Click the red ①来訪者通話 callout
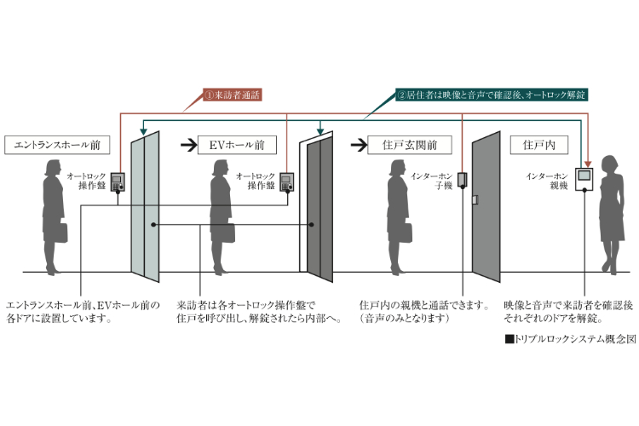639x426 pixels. [x=234, y=95]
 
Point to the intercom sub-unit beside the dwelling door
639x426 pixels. [x=461, y=179]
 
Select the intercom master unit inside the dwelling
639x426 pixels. [x=584, y=179]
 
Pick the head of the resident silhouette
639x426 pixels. [x=612, y=164]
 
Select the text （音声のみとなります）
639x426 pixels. [x=399, y=319]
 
